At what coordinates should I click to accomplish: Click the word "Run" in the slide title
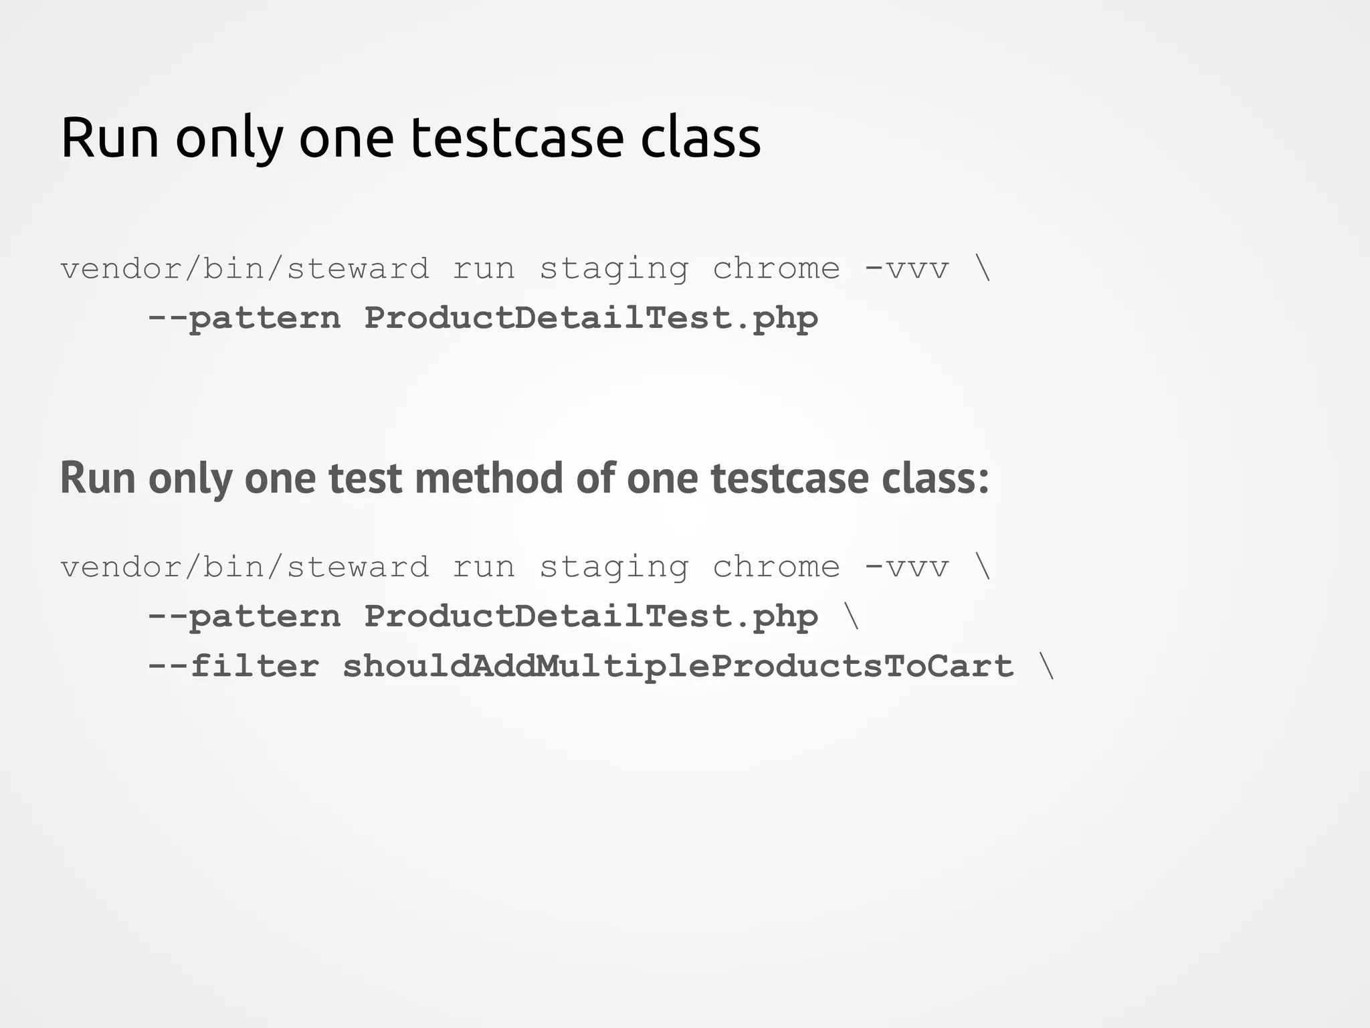(110, 138)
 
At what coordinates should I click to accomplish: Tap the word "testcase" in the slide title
(516, 138)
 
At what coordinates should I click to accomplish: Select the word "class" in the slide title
(700, 138)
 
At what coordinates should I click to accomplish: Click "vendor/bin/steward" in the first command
(245, 269)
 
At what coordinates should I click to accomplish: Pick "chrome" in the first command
(776, 269)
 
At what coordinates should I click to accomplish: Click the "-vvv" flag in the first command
(907, 269)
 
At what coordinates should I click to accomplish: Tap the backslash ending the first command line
(983, 269)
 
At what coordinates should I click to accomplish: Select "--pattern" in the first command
(243, 318)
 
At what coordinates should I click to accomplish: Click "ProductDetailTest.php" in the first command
(591, 318)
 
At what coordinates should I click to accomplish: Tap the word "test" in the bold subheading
(365, 479)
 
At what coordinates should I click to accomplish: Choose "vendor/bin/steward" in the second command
(245, 568)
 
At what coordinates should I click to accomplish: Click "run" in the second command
(484, 568)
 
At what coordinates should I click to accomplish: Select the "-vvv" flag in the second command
(907, 568)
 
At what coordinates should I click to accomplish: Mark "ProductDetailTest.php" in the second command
(591, 616)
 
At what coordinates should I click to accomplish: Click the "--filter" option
(233, 666)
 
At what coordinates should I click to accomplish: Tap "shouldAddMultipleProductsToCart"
(678, 666)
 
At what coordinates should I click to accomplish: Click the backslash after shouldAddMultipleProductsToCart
(1048, 666)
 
